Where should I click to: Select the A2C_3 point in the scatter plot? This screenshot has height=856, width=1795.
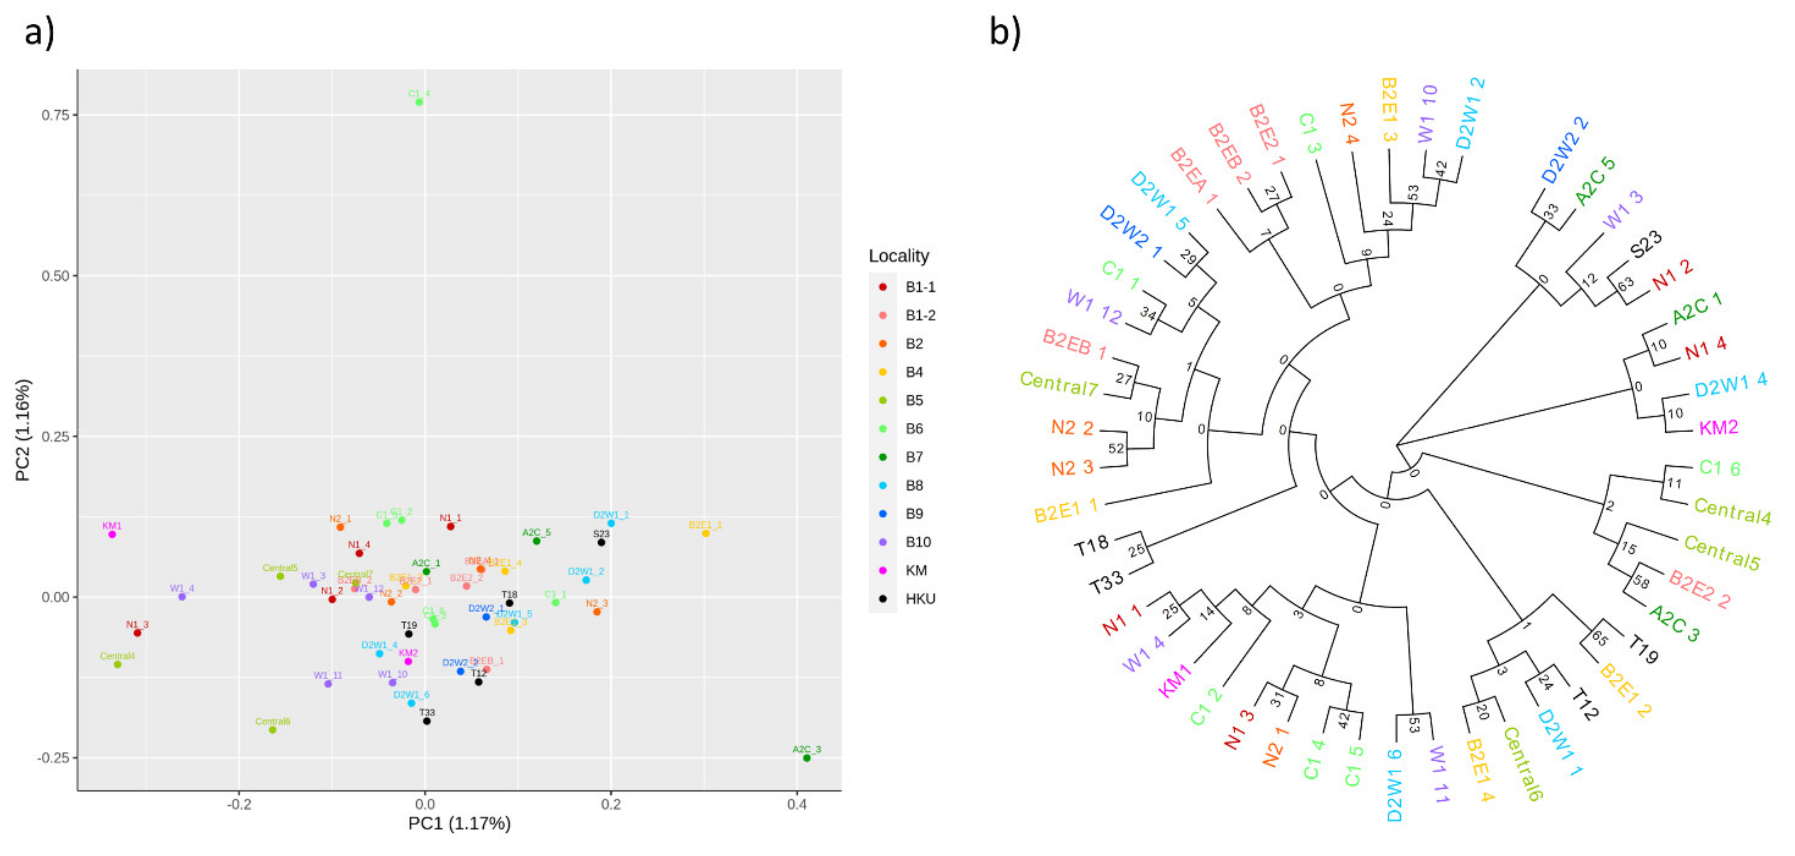tap(807, 758)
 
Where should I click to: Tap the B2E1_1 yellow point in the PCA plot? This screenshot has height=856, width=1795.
tap(705, 533)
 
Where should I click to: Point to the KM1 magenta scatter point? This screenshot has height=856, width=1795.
tap(112, 534)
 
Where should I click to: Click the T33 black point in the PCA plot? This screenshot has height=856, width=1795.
tap(426, 721)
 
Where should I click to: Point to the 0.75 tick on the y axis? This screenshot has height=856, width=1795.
tap(55, 114)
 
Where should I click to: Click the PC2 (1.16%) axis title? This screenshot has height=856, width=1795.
tap(23, 430)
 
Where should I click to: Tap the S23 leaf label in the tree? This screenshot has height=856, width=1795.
tap(1646, 245)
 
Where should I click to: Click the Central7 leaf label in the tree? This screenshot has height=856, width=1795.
tap(1058, 383)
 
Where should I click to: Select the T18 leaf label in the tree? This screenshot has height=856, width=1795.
tap(1092, 545)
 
